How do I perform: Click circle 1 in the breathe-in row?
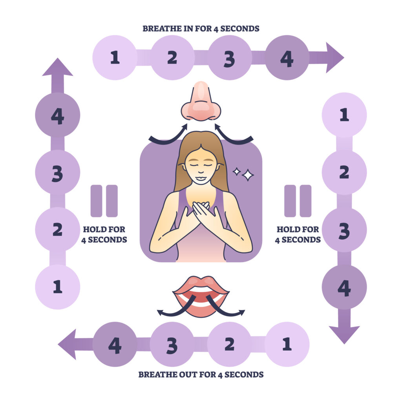point(115,58)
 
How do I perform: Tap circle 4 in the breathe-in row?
point(287,58)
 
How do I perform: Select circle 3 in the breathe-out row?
point(172,344)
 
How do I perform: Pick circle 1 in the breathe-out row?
point(287,344)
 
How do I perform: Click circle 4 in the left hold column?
point(58,115)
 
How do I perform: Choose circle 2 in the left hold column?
point(58,229)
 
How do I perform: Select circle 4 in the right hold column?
point(344,287)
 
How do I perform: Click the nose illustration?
point(201,102)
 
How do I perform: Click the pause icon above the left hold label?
point(104,201)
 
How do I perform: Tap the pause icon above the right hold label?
point(298,201)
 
